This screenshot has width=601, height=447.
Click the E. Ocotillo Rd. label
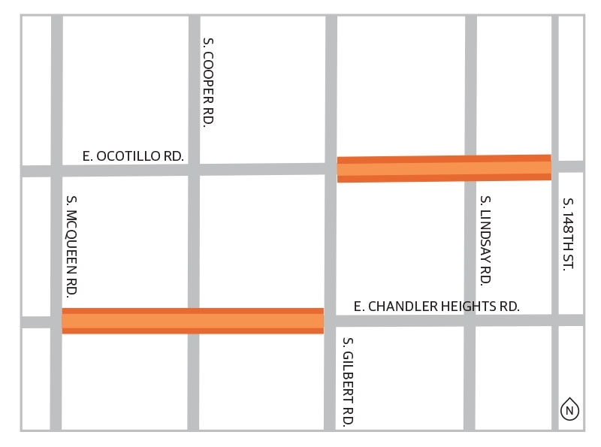click(x=133, y=156)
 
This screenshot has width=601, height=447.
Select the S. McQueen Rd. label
click(x=72, y=246)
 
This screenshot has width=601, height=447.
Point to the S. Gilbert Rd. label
click(x=347, y=382)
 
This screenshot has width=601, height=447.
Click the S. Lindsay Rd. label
click(x=485, y=240)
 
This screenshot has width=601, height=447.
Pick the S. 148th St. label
click(x=568, y=234)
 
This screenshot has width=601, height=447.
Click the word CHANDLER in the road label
click(x=399, y=307)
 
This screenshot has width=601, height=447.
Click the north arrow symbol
click(x=569, y=410)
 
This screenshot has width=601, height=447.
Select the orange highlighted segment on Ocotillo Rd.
click(x=444, y=168)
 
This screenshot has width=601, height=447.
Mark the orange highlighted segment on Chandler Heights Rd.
click(x=192, y=321)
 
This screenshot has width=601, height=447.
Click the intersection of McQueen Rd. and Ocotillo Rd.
click(x=56, y=171)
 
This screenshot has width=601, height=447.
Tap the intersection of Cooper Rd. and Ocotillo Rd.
click(x=194, y=170)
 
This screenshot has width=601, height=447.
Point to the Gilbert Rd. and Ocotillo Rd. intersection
click(x=331, y=169)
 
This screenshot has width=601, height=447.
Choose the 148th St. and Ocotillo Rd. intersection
click(x=556, y=167)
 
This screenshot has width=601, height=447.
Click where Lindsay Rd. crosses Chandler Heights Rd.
click(x=470, y=321)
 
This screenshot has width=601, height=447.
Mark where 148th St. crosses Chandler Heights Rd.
click(x=556, y=320)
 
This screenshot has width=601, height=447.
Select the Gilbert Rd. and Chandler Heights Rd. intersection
click(x=331, y=321)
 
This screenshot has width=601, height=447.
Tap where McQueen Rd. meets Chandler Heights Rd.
click(x=56, y=322)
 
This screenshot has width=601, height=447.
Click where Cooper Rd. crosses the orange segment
click(x=193, y=321)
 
